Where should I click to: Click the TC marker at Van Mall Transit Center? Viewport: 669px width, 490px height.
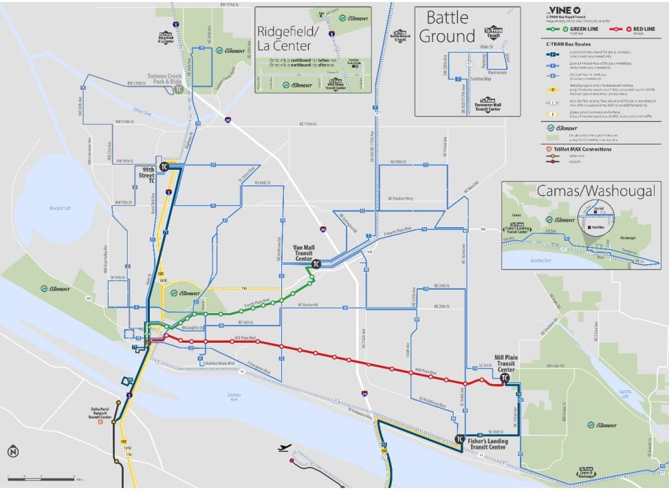click(316, 264)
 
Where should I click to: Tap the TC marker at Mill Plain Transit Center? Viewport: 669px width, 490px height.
click(505, 377)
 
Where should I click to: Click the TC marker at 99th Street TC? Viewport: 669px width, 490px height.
click(164, 167)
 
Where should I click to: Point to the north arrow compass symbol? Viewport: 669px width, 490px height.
click(12, 451)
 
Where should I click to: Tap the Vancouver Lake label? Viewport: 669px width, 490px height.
click(52, 207)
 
